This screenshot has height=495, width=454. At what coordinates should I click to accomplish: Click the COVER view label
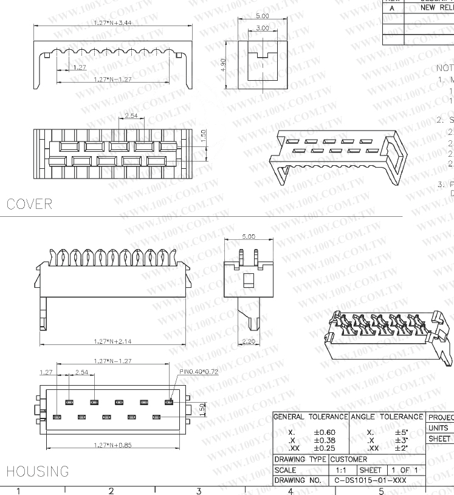[29, 204]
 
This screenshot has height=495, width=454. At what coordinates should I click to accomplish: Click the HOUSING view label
[37, 471]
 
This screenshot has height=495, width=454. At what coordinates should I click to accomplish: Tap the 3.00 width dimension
[262, 28]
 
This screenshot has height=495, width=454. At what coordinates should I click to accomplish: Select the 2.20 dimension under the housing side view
[248, 341]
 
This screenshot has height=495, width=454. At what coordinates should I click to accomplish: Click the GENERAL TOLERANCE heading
[311, 417]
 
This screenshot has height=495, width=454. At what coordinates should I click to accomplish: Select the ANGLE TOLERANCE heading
[387, 417]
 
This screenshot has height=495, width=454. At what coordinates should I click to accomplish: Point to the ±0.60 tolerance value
[325, 432]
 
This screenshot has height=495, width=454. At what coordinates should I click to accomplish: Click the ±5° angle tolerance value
[401, 432]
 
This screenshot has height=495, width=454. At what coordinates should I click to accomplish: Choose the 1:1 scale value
[340, 469]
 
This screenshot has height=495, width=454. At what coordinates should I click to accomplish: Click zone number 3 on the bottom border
[199, 490]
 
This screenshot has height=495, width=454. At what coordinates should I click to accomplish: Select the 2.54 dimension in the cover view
[130, 115]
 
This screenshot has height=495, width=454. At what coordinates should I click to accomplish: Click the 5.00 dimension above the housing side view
[249, 236]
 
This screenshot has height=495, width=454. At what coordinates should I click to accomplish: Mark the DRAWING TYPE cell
[300, 459]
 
